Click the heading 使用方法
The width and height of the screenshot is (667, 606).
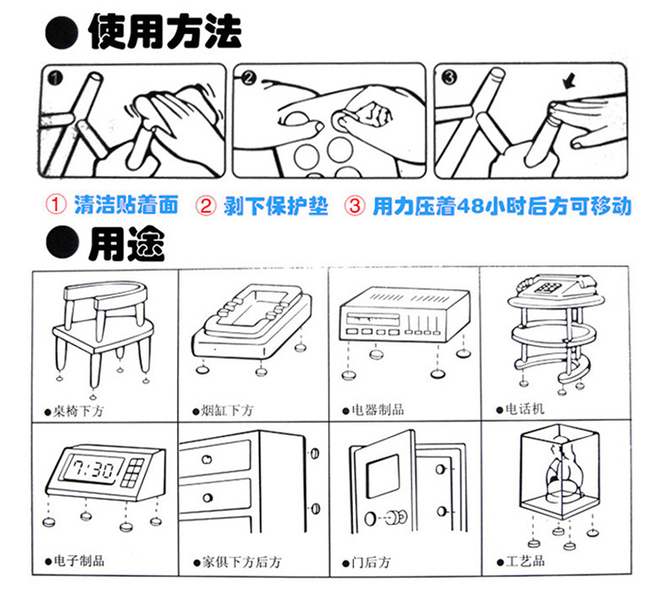(x=165, y=31)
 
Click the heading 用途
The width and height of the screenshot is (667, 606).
(x=126, y=244)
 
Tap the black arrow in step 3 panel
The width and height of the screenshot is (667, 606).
(x=569, y=80)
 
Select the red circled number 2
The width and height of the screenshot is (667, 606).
(x=206, y=206)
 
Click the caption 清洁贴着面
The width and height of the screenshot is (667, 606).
(x=126, y=206)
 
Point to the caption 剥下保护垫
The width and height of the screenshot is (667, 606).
(x=276, y=206)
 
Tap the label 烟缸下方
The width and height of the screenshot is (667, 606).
(x=228, y=410)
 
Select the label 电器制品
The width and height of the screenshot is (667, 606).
(x=378, y=410)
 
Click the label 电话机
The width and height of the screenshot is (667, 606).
(x=525, y=409)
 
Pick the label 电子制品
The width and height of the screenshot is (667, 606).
(x=78, y=561)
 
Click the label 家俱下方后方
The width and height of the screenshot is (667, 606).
(x=241, y=562)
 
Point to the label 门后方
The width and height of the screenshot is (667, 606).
(x=371, y=562)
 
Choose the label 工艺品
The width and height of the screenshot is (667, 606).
(x=525, y=562)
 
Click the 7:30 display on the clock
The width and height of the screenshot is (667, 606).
(x=92, y=469)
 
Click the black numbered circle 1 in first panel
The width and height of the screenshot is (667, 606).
(x=55, y=78)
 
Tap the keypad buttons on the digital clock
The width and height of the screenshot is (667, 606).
(x=132, y=472)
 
